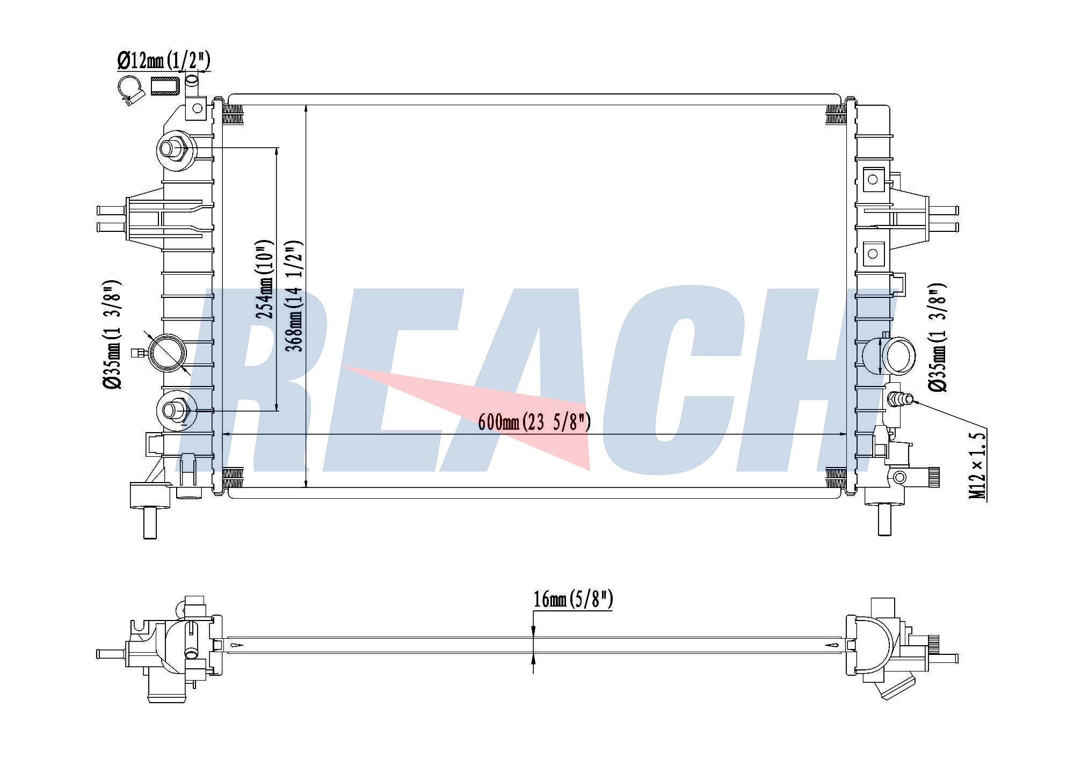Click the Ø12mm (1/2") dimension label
[x=163, y=61]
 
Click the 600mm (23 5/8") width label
[x=534, y=422]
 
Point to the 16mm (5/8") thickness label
[x=573, y=599]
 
